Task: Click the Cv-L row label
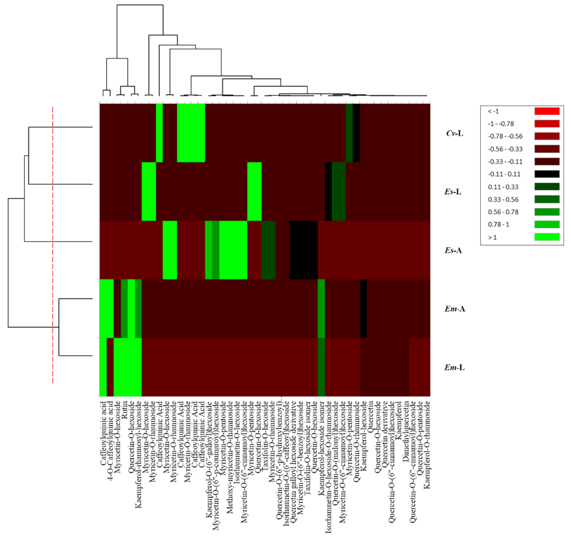pos(454,133)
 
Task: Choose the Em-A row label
pos(455,309)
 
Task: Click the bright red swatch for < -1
pos(547,111)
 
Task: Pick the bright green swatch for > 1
pos(547,237)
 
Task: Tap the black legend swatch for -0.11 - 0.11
pos(547,174)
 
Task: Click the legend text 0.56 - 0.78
pos(503,212)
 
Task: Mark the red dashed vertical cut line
pos(53,244)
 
